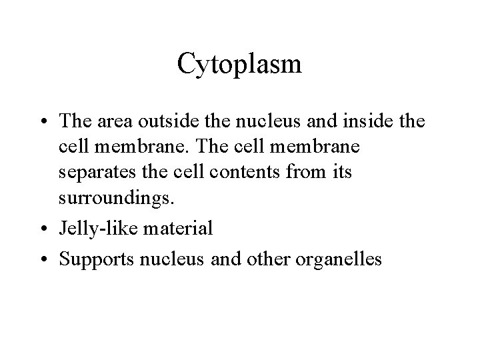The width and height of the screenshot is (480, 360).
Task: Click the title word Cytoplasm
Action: point(240,65)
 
